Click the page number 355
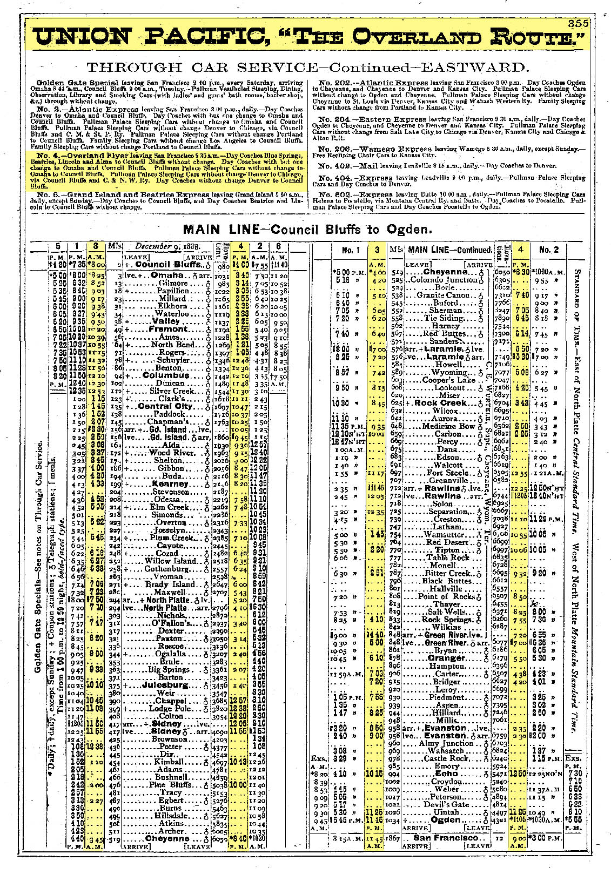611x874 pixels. pos(578,24)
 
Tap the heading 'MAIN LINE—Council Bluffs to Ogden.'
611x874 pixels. pos(307,230)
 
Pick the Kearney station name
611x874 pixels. pos(170,484)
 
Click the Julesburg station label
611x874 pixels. pos(167,685)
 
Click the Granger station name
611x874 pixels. pos(446,658)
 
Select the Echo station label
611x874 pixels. pos(446,773)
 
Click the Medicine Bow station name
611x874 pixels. pos(442,426)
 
